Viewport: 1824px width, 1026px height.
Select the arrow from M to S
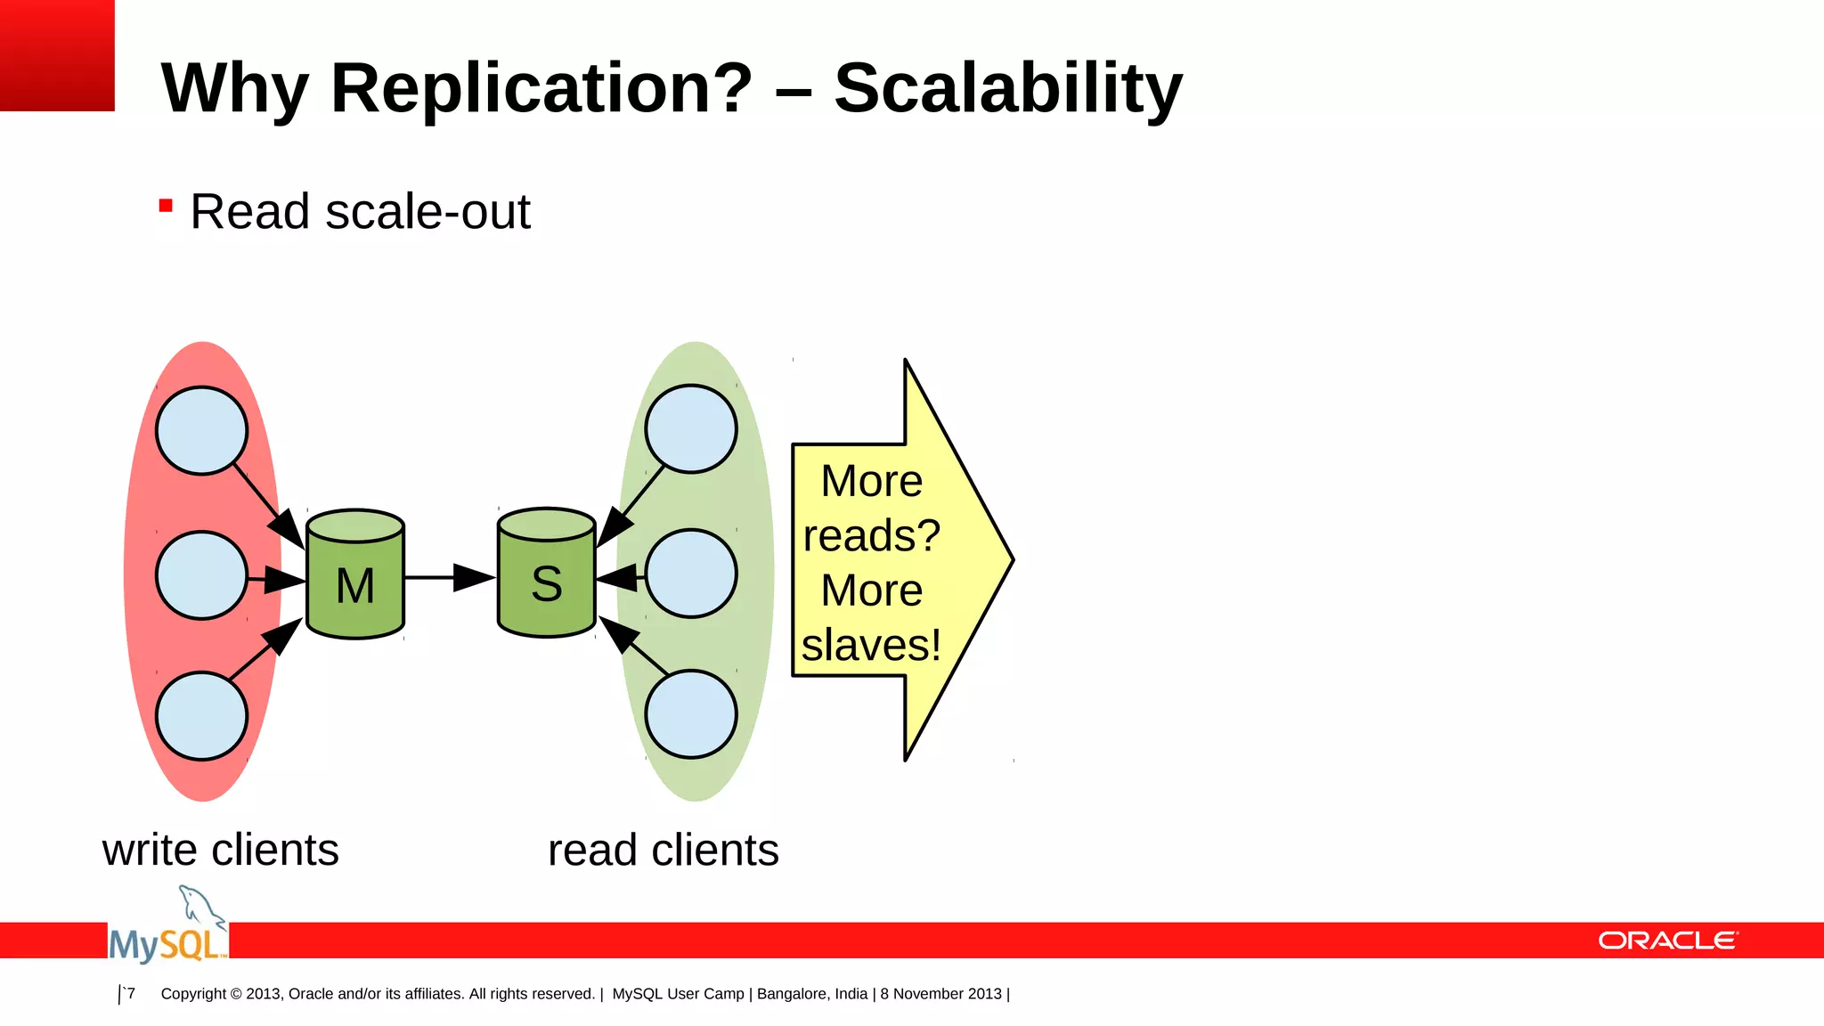click(449, 577)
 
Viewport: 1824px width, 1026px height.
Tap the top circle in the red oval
click(201, 430)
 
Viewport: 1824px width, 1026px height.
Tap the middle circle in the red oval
click(201, 575)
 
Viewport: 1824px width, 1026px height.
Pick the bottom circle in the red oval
click(201, 716)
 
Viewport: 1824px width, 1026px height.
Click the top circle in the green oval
click(691, 428)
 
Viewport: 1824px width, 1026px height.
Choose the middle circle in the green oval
click(691, 574)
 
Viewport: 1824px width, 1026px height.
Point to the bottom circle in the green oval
click(691, 714)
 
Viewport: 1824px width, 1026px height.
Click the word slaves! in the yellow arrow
click(871, 645)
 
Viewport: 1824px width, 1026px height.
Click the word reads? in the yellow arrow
click(871, 536)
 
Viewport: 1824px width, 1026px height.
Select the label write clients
click(220, 850)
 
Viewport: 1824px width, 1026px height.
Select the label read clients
click(663, 850)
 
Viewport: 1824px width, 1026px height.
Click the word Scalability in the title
click(1007, 89)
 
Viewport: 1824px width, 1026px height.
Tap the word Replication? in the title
click(541, 89)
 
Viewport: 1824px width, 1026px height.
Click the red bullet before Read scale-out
click(166, 207)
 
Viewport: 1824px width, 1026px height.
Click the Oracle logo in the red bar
click(1667, 940)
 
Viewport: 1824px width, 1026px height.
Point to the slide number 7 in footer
click(131, 993)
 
